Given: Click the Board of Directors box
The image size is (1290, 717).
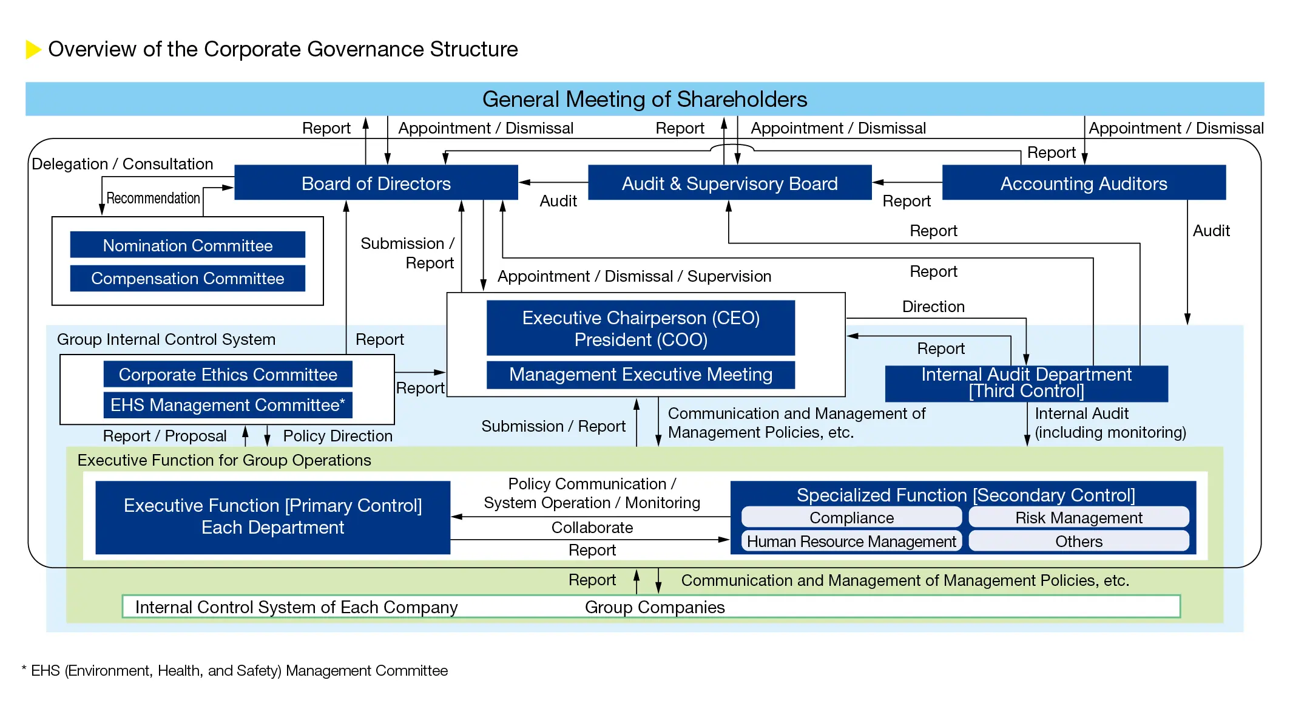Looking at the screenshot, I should coord(376,183).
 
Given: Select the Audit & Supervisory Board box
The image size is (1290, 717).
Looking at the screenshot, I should coord(729,183).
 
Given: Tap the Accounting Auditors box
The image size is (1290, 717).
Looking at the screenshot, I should coord(1083,183).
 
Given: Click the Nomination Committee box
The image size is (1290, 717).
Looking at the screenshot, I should coord(187,245).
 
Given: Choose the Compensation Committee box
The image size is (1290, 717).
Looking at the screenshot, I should coord(187,278).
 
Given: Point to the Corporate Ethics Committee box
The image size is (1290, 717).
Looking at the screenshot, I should coord(228,374).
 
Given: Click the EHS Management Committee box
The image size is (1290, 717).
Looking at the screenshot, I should coord(228,405).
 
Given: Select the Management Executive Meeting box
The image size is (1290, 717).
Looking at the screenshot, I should coord(640,375).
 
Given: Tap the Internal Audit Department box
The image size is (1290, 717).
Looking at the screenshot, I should coord(1025,383).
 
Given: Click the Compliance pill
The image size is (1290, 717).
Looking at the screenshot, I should coord(851,517).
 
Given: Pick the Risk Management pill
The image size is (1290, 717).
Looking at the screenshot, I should coord(1078,517).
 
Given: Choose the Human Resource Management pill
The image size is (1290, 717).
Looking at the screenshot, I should coord(851,541).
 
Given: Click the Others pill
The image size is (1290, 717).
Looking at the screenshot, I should coord(1078,541).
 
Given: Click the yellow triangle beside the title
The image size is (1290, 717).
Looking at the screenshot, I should coord(33,49).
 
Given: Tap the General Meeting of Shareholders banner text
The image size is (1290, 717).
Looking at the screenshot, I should coord(644,99).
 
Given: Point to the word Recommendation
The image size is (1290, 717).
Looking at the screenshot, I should coord(153,198).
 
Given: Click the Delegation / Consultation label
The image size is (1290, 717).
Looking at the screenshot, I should coord(122,164).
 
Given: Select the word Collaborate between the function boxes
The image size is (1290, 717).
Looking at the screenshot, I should coord(592,527).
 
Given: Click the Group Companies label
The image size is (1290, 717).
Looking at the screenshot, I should coord(654,607).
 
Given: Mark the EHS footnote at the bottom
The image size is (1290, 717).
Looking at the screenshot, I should coord(235,670).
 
